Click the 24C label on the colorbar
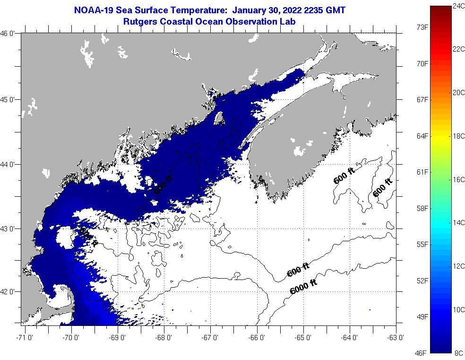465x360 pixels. (458, 6)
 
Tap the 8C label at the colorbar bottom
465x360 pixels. (458, 353)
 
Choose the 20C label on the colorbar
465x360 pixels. (458, 93)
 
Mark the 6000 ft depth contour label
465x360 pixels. (302, 287)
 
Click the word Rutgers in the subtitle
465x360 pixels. (140, 21)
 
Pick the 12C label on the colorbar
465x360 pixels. (458, 266)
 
